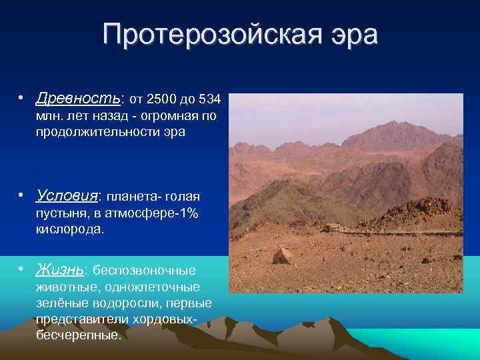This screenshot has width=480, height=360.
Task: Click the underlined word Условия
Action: tap(67, 196)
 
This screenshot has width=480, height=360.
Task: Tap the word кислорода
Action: tap(71, 229)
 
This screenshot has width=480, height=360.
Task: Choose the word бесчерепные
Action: tap(79, 335)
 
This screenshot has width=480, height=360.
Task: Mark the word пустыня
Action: tap(61, 213)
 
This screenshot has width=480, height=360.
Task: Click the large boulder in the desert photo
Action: tap(281, 255)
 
